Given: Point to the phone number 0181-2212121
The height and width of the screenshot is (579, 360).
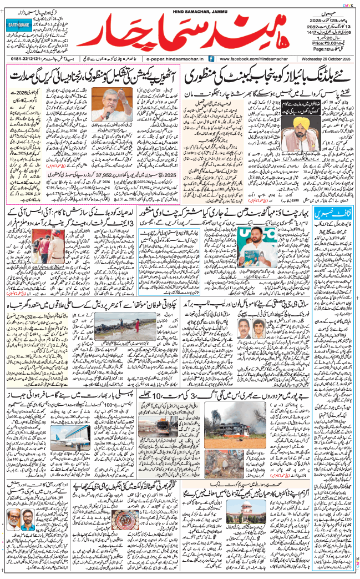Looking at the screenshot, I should pyautogui.click(x=28, y=58).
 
